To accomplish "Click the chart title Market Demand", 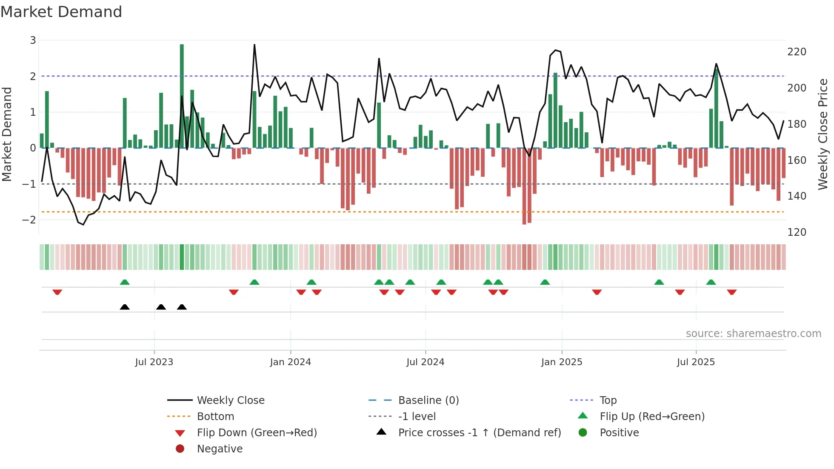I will (x=61, y=11).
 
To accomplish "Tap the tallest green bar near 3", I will (x=182, y=96).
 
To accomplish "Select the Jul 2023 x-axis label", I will (x=154, y=362).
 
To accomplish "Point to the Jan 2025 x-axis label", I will (x=561, y=362).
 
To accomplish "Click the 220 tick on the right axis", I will (x=797, y=52).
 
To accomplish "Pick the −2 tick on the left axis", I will (x=29, y=220).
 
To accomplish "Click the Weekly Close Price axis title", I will (x=823, y=134).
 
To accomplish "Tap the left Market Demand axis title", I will (x=7, y=134).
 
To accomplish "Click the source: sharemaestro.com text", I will (x=753, y=334).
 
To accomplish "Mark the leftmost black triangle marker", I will (x=125, y=307).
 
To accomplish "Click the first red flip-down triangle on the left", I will (x=57, y=292).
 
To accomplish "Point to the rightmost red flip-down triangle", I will (x=731, y=292).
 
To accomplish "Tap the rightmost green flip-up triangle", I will (x=711, y=282).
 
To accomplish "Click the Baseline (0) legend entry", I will (x=428, y=400).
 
